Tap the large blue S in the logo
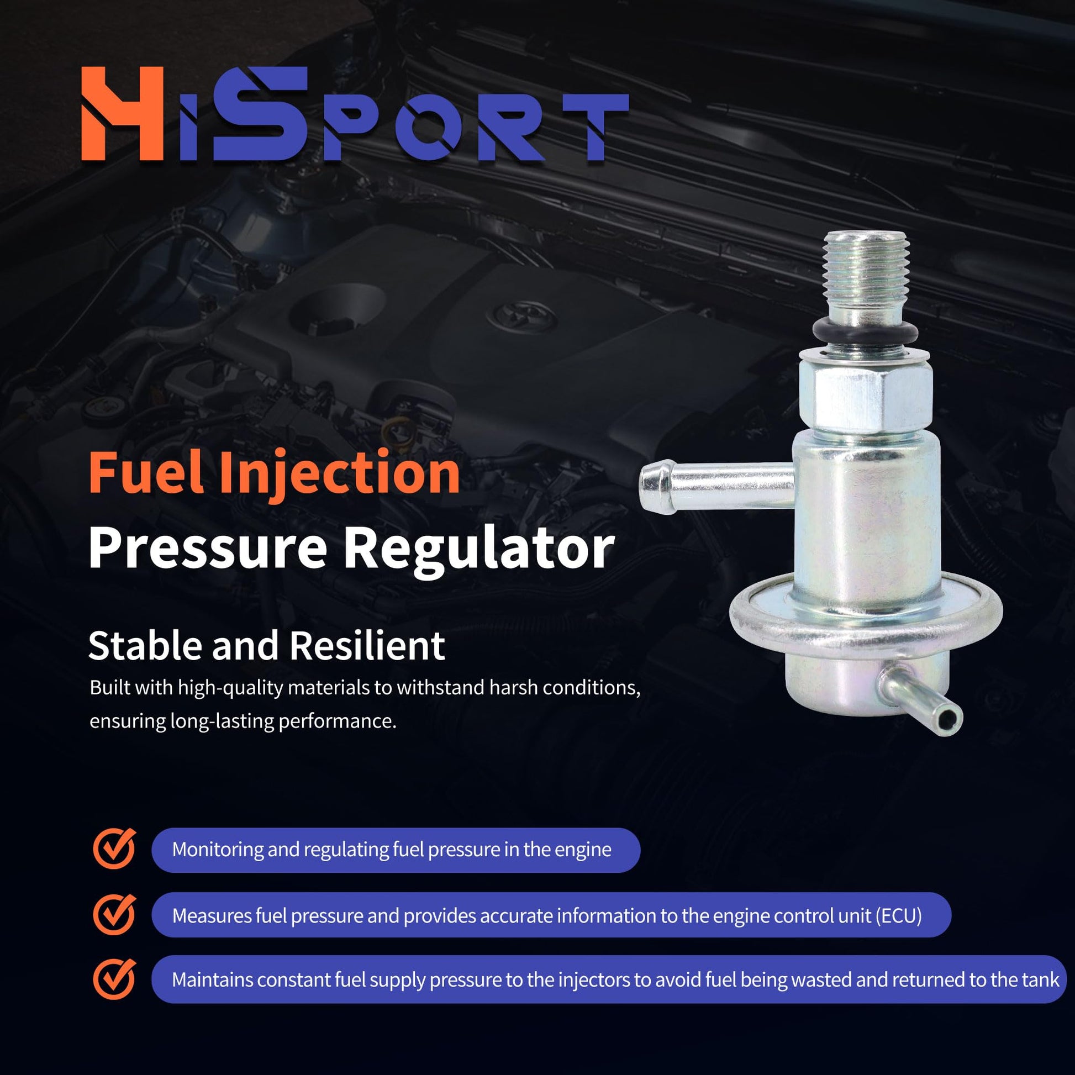259,113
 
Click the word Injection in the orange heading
339,475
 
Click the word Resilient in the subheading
367,646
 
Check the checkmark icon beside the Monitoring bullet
114,849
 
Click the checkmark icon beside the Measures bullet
114,915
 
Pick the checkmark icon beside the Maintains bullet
114,980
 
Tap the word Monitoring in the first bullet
218,850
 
